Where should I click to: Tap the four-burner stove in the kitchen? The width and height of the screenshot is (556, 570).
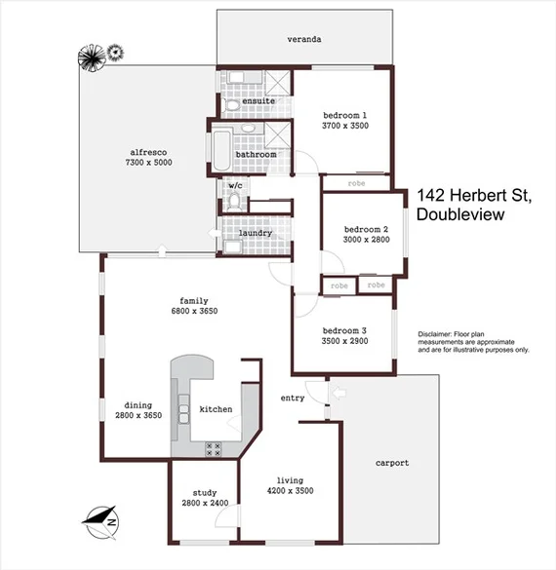(x=215, y=447)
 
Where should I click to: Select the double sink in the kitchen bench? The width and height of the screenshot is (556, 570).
(x=181, y=399)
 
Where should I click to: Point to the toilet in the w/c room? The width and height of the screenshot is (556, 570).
(x=233, y=201)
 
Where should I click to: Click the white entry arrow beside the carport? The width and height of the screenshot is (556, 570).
(x=338, y=393)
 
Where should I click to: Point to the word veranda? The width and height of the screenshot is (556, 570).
(x=304, y=40)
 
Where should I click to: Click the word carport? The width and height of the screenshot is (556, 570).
(x=392, y=463)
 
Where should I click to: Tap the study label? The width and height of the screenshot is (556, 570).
(x=205, y=493)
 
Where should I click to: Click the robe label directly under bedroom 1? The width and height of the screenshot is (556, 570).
(x=357, y=182)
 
